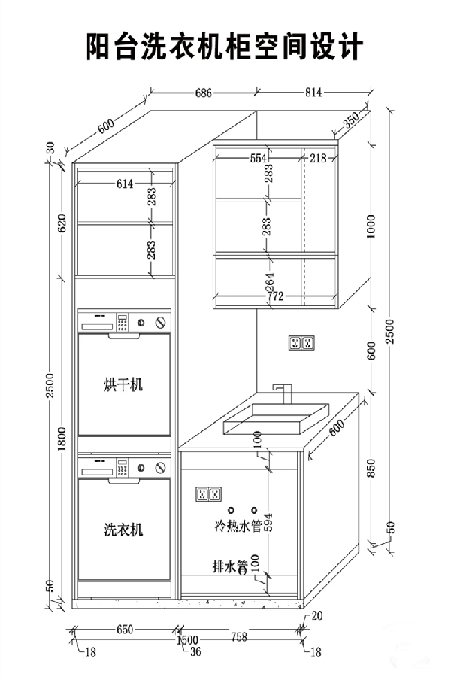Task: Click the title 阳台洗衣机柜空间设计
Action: tap(225, 47)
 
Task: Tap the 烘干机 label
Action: tap(123, 385)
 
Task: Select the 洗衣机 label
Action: tap(123, 530)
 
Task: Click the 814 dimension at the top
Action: tap(313, 93)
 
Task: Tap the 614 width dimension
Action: tap(125, 184)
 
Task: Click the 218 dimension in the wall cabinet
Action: tap(318, 158)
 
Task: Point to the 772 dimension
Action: tap(275, 297)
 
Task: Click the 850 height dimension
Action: tap(371, 470)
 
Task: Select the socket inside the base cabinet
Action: tap(208, 494)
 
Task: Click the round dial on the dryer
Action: tap(160, 323)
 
